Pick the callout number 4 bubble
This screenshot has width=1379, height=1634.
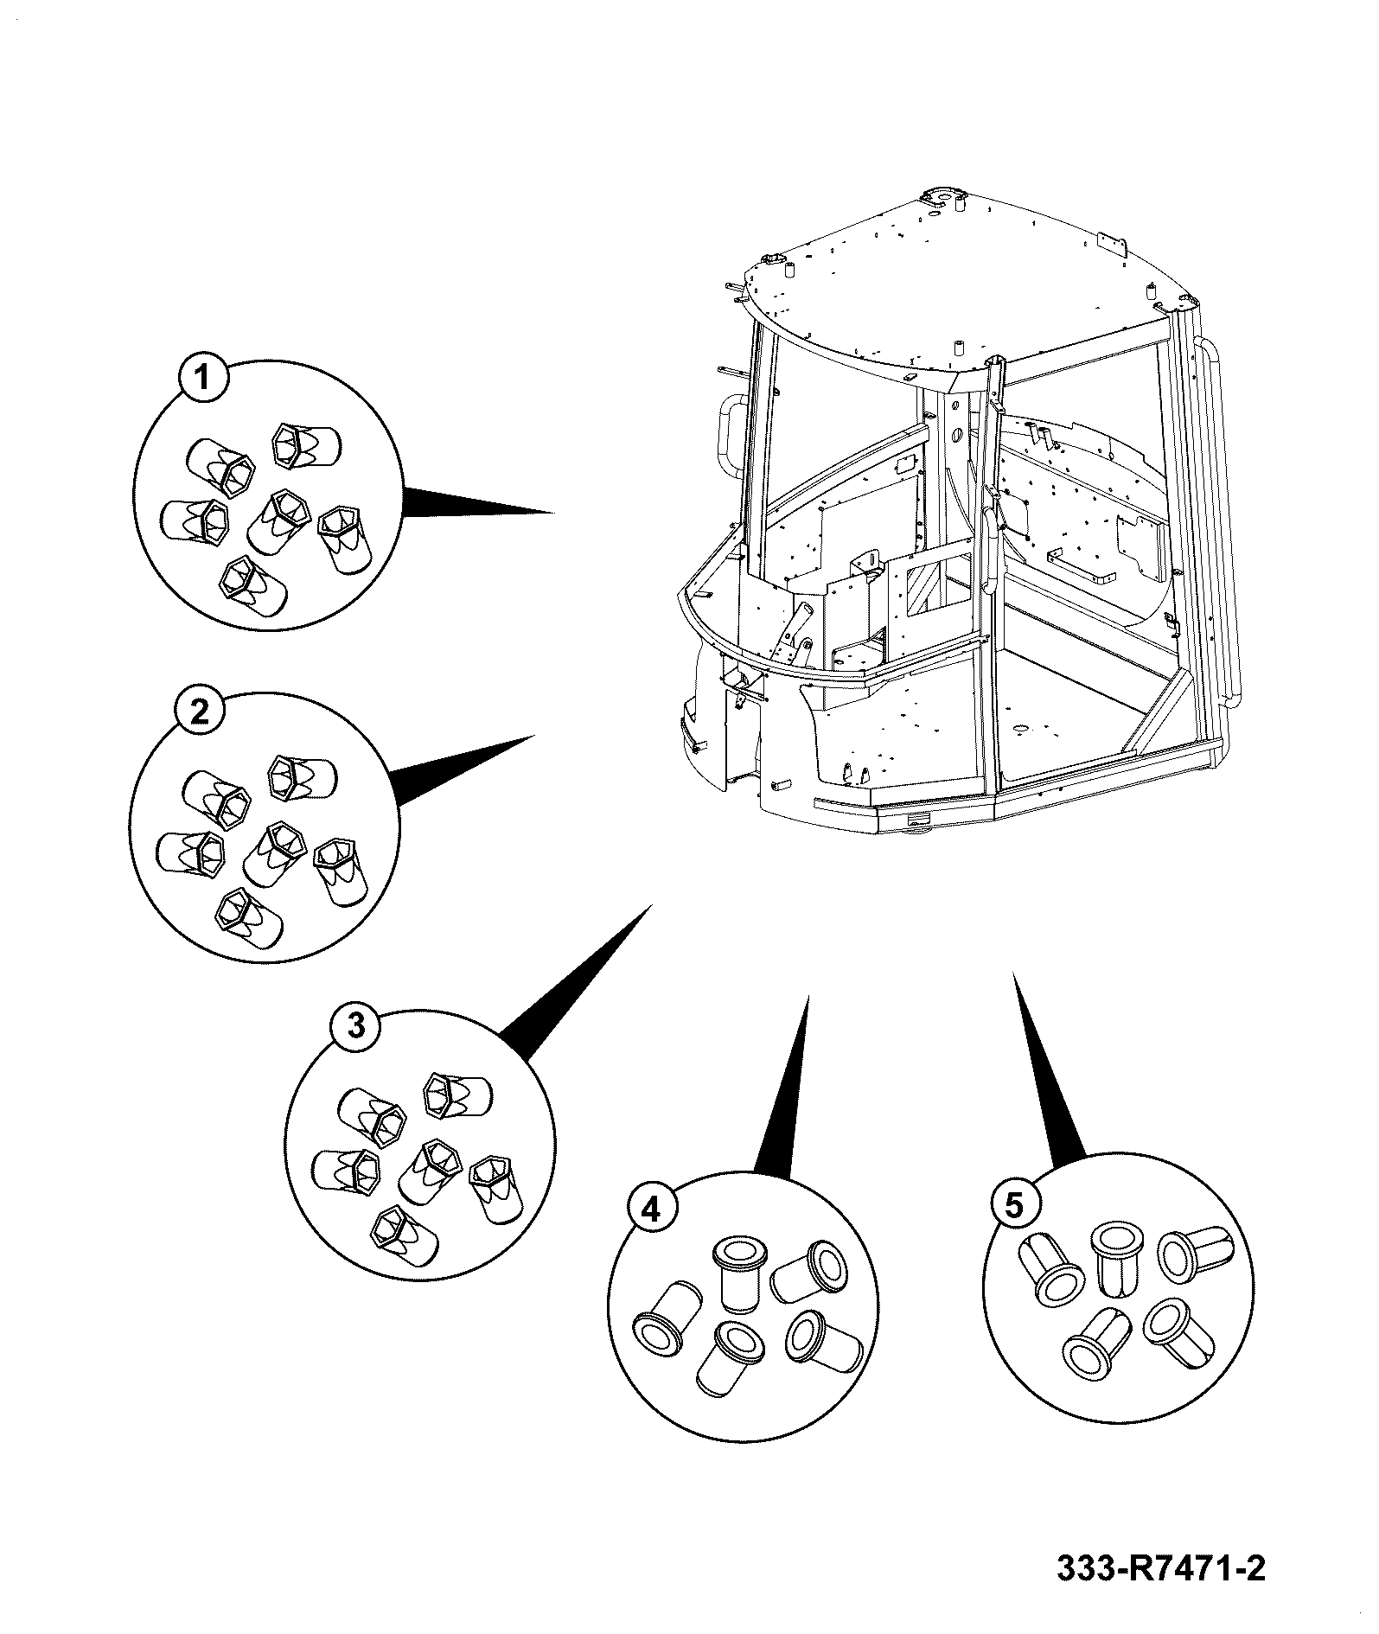651,1209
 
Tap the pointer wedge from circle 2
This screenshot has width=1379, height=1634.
463,770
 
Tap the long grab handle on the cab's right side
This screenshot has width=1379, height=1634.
1220,519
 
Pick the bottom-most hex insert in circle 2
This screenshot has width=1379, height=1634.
248,919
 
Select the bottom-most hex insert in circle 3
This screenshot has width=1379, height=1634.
403,1236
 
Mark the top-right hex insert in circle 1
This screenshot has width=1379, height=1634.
305,446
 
